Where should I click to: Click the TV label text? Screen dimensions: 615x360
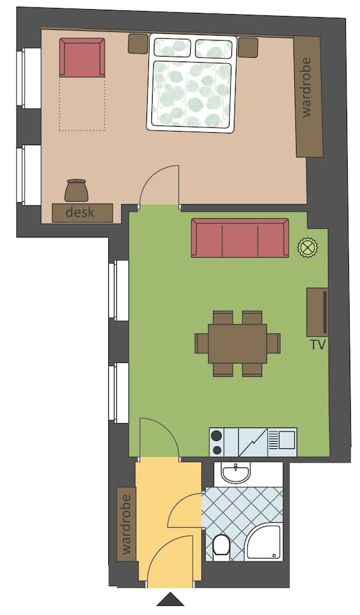318,345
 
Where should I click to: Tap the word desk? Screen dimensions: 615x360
82,213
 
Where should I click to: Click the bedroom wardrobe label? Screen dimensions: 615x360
307,95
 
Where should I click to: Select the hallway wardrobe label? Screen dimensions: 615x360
127,524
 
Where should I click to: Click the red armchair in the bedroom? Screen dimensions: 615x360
82,57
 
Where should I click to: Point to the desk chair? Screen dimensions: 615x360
76,191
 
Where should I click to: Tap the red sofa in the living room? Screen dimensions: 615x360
239,237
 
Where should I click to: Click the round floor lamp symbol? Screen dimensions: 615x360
306,248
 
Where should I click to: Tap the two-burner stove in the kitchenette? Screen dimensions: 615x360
216,442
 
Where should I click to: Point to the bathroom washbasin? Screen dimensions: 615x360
236,473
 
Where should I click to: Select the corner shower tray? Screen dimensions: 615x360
265,542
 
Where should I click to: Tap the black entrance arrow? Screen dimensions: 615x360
170,600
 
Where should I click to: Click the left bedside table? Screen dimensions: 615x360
138,44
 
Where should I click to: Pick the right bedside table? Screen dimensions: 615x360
247,47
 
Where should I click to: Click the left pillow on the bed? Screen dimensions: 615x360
172,47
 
